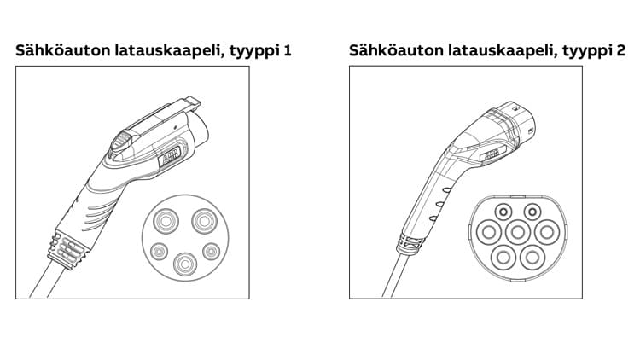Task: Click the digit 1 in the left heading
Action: [x=288, y=50]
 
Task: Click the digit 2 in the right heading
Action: [x=620, y=50]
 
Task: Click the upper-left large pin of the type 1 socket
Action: [x=166, y=221]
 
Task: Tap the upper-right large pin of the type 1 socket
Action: [x=204, y=221]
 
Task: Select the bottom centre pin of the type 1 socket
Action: [x=185, y=264]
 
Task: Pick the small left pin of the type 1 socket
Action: [x=159, y=252]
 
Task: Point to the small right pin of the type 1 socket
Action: [x=212, y=252]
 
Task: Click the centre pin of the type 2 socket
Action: [x=518, y=232]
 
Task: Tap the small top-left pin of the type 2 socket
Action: [x=503, y=212]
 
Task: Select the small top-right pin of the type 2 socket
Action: [x=532, y=212]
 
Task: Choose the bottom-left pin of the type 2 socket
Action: [x=503, y=258]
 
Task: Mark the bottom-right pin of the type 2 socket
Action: [x=532, y=258]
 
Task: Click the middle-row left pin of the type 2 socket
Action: [x=489, y=232]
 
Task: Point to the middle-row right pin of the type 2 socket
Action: [x=547, y=232]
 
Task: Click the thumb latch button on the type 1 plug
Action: [x=121, y=142]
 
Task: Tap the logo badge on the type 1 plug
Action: [x=170, y=156]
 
